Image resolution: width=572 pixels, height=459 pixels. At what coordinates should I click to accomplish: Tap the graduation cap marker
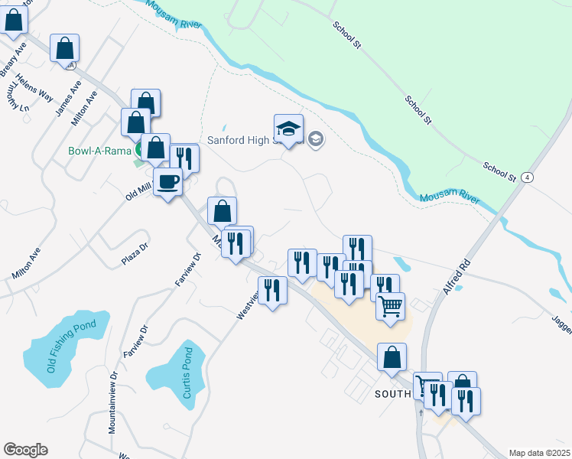[289, 129]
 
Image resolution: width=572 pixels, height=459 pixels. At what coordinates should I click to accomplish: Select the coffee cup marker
[168, 182]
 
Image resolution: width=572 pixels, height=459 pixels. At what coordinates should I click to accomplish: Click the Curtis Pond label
[188, 373]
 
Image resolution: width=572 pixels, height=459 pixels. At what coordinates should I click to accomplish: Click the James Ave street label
[68, 99]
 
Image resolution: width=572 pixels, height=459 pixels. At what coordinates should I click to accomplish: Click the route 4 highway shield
[527, 177]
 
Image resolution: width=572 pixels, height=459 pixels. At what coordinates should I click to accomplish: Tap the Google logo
[25, 450]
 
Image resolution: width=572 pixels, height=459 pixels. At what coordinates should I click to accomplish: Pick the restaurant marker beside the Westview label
[273, 290]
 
